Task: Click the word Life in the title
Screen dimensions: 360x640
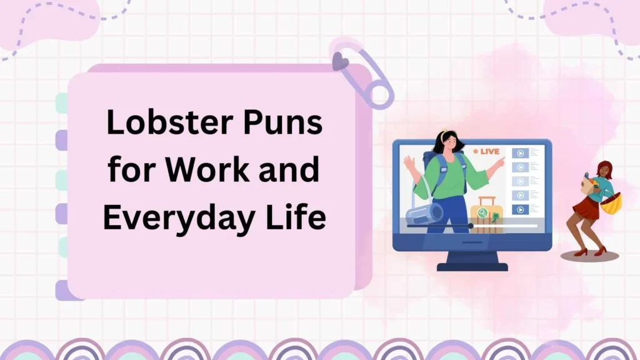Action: pyautogui.click(x=297, y=217)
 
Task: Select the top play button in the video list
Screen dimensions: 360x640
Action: pyautogui.click(x=520, y=152)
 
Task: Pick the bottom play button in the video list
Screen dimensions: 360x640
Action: pyautogui.click(x=520, y=209)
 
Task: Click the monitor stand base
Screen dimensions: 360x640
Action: pyautogui.click(x=472, y=266)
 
